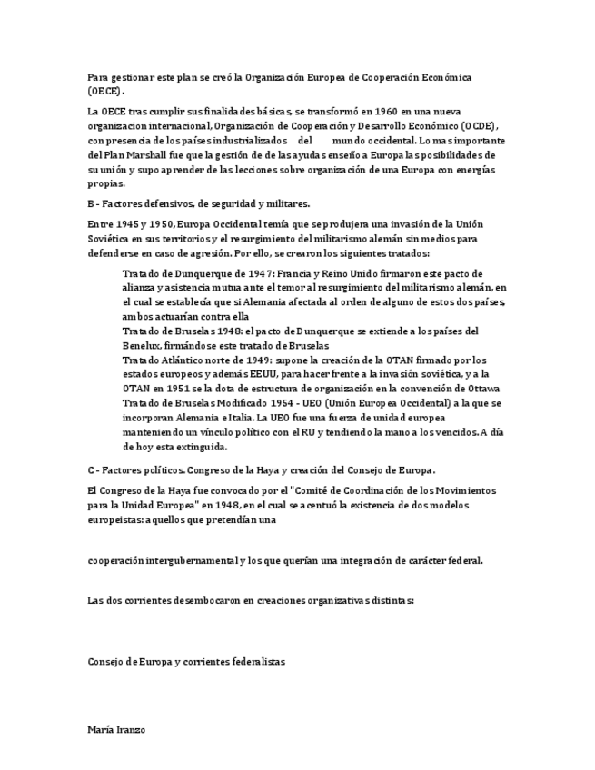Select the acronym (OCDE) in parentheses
coord(478,126)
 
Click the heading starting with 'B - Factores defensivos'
coord(199,203)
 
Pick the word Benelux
coord(143,346)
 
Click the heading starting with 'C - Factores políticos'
coord(262,470)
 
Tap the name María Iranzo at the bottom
coord(116,729)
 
